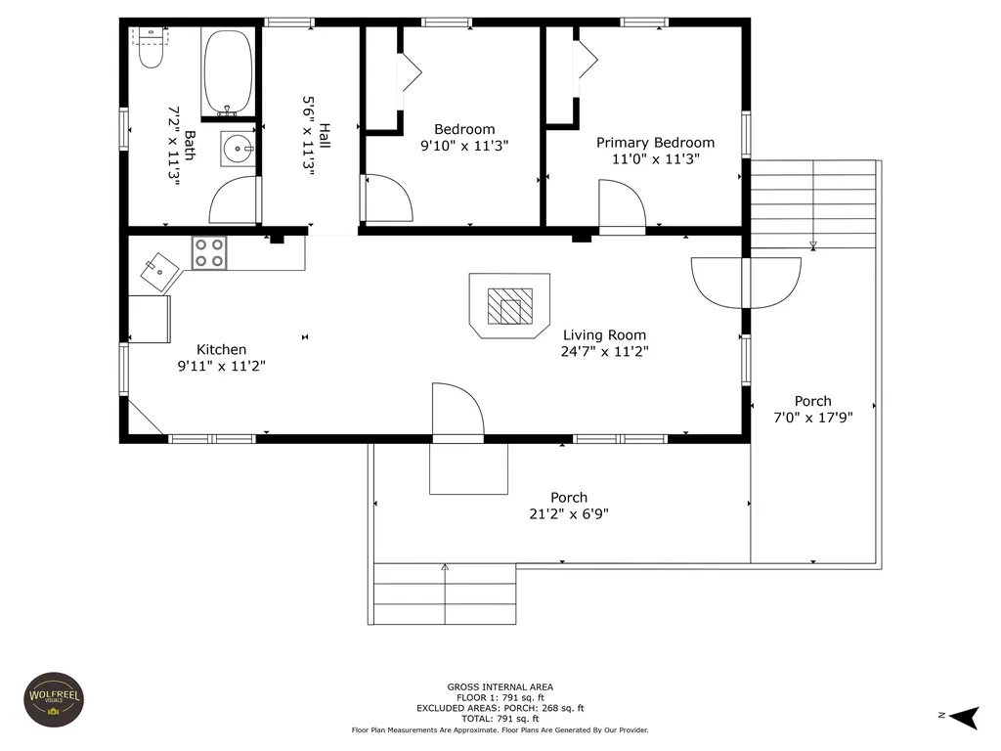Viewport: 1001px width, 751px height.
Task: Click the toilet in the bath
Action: click(152, 48)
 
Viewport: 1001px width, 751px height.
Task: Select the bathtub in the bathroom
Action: click(227, 72)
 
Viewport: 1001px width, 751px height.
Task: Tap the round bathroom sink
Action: click(239, 150)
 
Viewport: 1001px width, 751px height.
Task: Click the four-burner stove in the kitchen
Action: click(209, 253)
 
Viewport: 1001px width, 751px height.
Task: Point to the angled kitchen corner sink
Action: click(159, 273)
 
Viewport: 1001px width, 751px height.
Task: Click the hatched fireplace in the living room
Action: click(509, 306)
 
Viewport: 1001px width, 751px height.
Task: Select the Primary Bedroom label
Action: click(656, 143)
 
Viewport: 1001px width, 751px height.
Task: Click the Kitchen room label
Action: click(222, 349)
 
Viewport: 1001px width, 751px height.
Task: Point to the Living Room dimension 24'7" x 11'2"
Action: click(604, 351)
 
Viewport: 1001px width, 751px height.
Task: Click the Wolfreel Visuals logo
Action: click(55, 699)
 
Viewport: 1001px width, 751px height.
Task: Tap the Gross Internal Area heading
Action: click(500, 687)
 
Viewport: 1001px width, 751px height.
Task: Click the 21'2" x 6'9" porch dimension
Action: click(569, 514)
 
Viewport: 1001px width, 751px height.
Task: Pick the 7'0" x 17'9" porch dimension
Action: click(813, 418)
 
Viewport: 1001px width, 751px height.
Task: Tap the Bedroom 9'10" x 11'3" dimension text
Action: click(464, 146)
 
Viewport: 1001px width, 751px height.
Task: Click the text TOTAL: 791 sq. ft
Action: click(500, 719)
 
